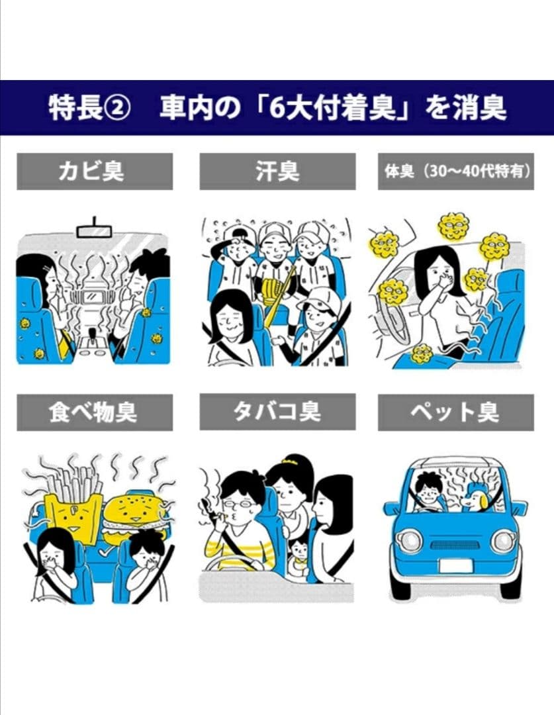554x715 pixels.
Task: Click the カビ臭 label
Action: coord(95,171)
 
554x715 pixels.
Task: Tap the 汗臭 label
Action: coord(277,171)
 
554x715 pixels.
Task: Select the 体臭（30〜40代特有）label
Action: coord(456,171)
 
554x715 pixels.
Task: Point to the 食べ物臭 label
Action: coord(95,412)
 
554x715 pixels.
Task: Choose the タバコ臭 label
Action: coord(277,412)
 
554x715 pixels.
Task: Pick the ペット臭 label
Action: coord(456,412)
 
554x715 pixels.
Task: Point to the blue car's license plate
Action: coord(455,567)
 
